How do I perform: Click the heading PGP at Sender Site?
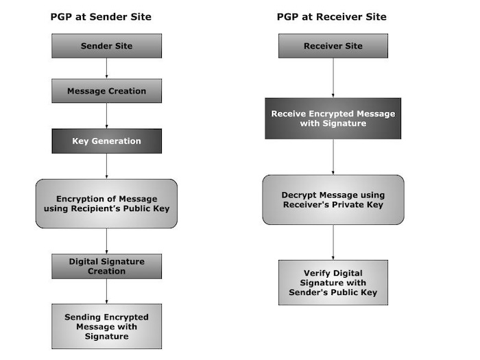click(x=101, y=16)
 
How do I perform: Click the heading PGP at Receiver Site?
click(x=332, y=16)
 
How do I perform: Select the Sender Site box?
click(x=106, y=46)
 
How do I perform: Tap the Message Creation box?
click(x=106, y=91)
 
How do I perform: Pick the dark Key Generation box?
click(x=106, y=141)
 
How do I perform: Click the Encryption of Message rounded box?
click(x=106, y=204)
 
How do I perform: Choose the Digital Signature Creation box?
click(x=106, y=266)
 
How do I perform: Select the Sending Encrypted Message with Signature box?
click(x=106, y=326)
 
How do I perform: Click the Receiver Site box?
click(x=333, y=46)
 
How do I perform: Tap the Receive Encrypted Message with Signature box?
click(x=333, y=118)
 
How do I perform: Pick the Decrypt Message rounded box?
click(x=333, y=200)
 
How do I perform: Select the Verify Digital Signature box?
click(x=333, y=282)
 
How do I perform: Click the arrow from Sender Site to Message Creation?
click(x=106, y=69)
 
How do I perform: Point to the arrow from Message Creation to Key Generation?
click(x=106, y=116)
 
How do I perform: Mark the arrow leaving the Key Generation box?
click(x=106, y=166)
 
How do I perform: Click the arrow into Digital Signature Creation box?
click(x=106, y=241)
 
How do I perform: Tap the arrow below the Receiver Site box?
click(x=333, y=77)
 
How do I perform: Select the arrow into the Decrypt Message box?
click(x=333, y=157)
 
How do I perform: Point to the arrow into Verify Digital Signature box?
click(x=333, y=242)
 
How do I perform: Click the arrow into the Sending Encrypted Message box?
click(x=106, y=291)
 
